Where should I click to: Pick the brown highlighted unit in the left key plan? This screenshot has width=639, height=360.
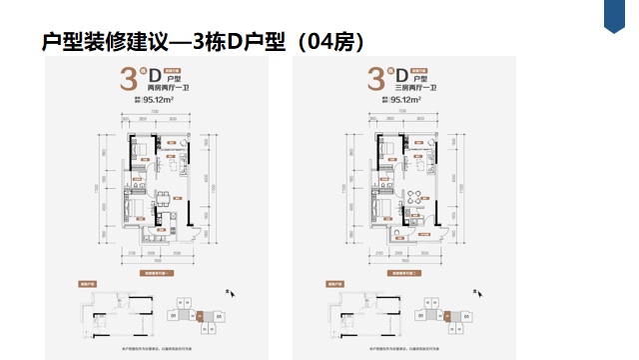click(197, 318)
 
